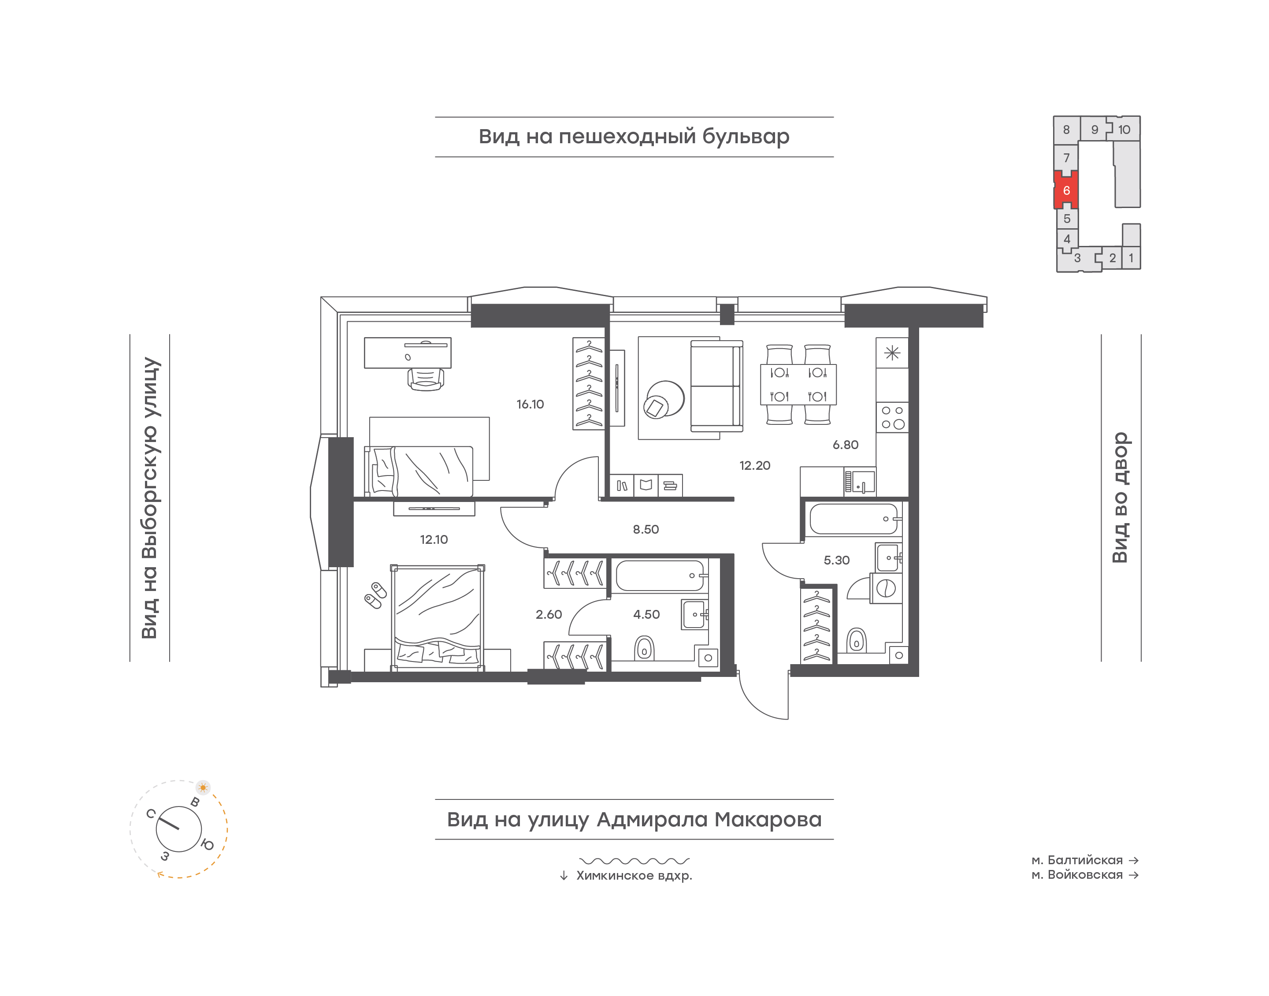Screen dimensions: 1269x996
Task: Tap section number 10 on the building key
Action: (1124, 130)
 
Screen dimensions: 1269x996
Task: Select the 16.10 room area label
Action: (530, 404)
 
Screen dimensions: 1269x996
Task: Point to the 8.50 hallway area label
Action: (646, 529)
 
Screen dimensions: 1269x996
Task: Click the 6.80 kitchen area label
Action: (845, 445)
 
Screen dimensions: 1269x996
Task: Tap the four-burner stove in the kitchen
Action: (892, 417)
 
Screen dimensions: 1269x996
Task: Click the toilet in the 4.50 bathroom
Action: (644, 648)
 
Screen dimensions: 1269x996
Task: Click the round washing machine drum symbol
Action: (886, 588)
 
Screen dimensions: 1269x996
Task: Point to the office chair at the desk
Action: (426, 379)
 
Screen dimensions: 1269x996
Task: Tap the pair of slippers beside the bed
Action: (375, 595)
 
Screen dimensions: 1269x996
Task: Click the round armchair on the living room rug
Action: (663, 399)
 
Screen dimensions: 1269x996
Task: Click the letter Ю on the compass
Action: (208, 844)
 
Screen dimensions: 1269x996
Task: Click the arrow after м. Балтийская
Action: (1133, 860)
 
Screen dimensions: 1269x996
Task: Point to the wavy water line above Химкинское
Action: (634, 861)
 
